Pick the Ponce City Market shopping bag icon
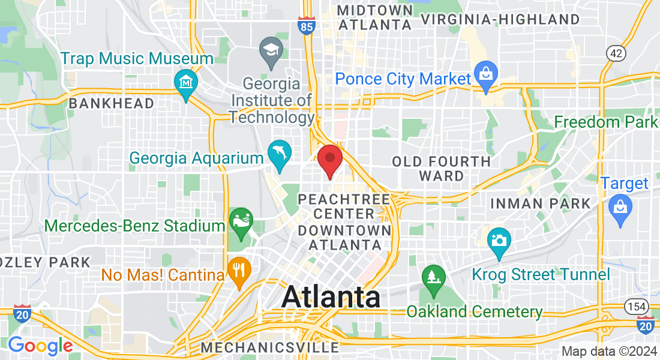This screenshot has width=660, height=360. point(484,74)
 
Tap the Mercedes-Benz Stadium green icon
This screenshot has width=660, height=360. point(241,220)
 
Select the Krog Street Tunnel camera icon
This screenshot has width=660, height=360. point(499,240)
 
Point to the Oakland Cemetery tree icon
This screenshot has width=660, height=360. point(432,278)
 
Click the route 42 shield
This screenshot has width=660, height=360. point(616,53)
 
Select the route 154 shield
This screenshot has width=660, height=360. point(636,307)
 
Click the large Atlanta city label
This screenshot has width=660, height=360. point(331,297)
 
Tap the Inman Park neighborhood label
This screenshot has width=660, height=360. point(540,203)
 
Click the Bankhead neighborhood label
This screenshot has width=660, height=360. point(112,103)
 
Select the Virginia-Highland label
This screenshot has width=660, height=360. point(500,19)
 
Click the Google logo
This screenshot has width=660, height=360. point(40,346)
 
